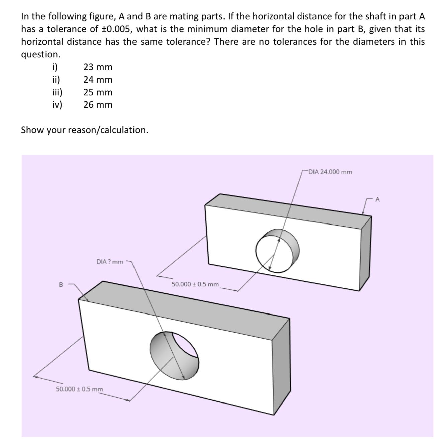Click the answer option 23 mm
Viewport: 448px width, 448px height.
click(x=98, y=67)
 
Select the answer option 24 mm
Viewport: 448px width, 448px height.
click(x=98, y=80)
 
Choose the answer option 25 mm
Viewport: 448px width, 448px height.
click(x=98, y=92)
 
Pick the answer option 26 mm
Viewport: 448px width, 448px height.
click(x=98, y=105)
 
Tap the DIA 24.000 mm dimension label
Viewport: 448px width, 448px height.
click(x=330, y=172)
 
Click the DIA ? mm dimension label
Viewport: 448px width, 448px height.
click(x=110, y=262)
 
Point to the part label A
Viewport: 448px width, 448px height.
click(x=378, y=200)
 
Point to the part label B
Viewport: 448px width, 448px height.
click(x=61, y=285)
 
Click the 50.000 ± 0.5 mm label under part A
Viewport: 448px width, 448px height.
click(x=195, y=284)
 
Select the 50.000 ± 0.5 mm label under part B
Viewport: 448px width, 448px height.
click(x=80, y=389)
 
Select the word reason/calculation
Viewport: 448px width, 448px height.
click(x=108, y=130)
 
